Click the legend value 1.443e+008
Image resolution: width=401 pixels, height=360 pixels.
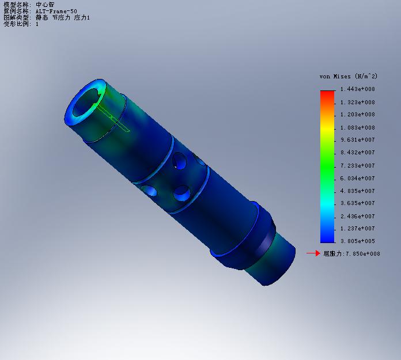357,89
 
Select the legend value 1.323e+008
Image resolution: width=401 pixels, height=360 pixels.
357,103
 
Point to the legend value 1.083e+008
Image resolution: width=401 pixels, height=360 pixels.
357,128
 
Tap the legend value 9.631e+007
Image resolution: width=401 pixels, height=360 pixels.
357,140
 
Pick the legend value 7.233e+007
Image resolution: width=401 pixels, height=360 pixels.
357,166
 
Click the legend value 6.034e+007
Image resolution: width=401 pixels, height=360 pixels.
357,178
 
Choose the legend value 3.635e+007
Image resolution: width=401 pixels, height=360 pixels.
357,203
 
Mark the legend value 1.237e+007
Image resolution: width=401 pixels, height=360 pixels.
357,228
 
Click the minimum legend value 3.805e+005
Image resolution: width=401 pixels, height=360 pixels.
357,241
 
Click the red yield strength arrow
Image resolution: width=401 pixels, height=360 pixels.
313,253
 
